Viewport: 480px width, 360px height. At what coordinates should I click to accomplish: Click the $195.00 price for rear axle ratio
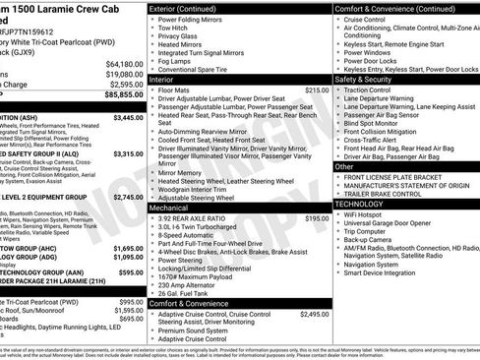tap(317, 218)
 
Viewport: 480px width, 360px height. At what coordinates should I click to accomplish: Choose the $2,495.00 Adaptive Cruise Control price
tap(314, 315)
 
